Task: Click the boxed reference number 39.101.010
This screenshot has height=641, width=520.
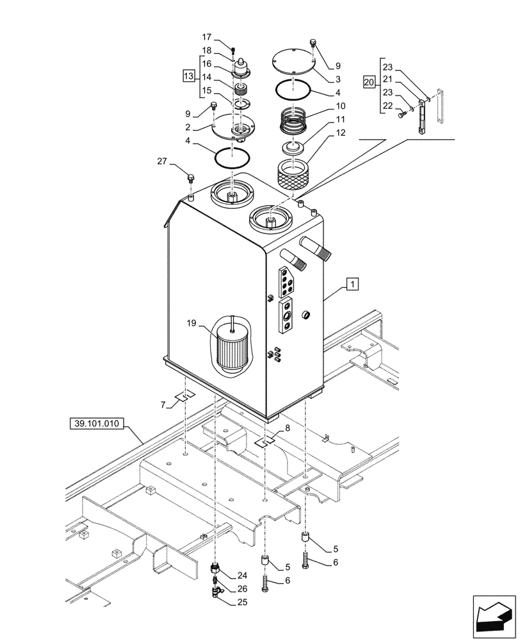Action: [x=96, y=424]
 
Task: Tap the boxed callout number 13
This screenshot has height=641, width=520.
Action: [x=188, y=77]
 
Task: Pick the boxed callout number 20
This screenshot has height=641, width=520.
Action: [x=368, y=81]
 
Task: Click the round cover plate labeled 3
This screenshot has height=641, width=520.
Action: [x=294, y=63]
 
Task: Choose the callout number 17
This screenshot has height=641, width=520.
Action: [x=207, y=37]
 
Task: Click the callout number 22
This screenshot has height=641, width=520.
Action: [x=387, y=106]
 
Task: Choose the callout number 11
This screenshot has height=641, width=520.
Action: [x=340, y=120]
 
